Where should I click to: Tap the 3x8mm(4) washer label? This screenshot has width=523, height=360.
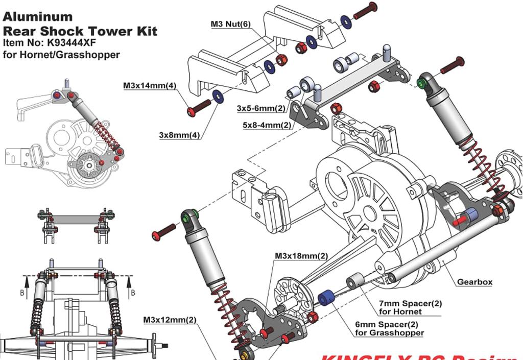coord(179,135)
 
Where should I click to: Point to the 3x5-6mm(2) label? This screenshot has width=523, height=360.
coord(261,108)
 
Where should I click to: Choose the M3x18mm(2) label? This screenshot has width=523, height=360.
coord(301,255)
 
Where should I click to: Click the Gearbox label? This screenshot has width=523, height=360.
coord(474,281)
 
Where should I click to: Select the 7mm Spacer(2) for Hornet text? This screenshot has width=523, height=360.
coord(410,307)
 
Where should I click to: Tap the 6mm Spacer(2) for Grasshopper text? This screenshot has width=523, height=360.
coord(389,328)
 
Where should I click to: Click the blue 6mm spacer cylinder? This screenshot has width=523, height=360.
coord(326,297)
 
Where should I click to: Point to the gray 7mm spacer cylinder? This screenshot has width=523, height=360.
coord(355,281)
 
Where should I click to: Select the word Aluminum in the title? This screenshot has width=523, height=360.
coord(38,16)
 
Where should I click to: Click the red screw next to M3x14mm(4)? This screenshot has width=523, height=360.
coord(199,108)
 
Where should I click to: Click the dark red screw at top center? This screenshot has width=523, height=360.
coord(365,10)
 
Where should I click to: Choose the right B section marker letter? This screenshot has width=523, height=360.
coord(133,293)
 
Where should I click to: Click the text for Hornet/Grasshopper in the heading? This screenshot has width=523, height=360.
coord(61,54)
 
